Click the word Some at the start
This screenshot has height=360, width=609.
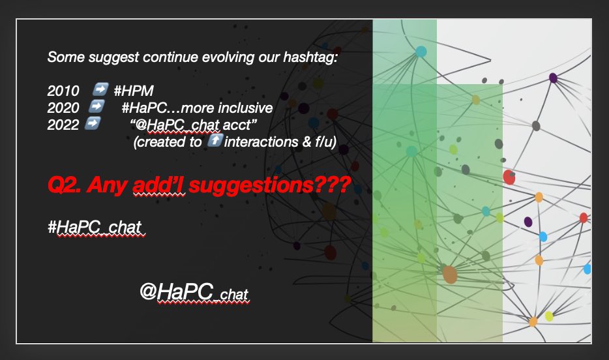click(62, 57)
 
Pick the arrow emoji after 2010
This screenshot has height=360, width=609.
click(100, 89)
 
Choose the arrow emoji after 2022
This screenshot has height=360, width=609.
click(94, 123)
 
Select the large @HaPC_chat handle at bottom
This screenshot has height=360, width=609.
click(194, 292)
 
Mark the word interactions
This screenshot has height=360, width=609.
click(255, 142)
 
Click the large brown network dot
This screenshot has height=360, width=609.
click(449, 274)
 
